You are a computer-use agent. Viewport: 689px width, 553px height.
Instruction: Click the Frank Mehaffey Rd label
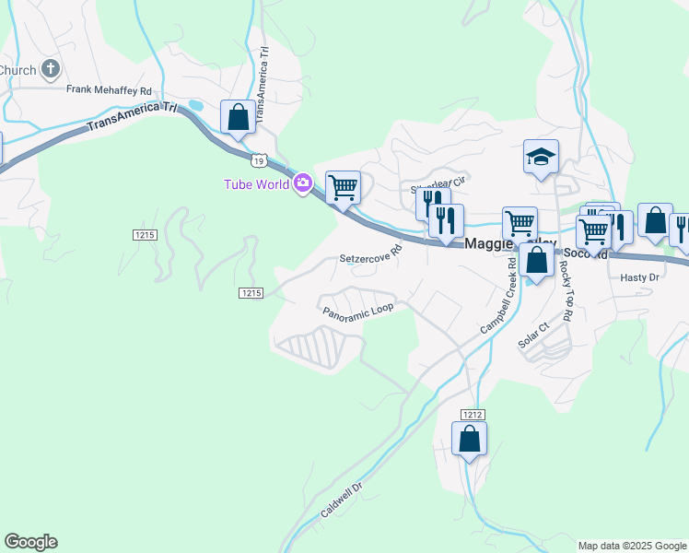pos(109,89)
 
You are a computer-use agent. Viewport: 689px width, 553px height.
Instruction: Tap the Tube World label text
pos(257,184)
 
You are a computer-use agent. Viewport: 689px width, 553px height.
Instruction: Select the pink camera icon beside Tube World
pos(303,183)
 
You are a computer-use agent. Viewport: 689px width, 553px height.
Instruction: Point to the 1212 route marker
pos(473,415)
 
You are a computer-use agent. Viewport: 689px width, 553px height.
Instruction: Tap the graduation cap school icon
pos(541,158)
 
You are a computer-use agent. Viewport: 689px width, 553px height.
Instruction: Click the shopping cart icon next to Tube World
pos(343,188)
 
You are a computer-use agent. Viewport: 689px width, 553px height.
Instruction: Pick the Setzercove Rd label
pos(372,254)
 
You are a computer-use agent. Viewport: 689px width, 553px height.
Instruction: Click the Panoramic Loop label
pos(357,312)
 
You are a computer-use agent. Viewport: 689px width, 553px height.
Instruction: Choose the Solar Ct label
pos(533,334)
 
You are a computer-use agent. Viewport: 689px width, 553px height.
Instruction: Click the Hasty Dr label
pos(640,276)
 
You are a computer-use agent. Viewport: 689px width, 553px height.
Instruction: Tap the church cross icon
pos(51,69)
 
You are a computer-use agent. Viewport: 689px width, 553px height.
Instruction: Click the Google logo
pos(30,542)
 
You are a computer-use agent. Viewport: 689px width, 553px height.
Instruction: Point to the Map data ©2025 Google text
pos(632,546)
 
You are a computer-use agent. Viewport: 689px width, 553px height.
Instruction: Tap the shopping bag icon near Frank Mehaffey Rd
pos(238,118)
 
